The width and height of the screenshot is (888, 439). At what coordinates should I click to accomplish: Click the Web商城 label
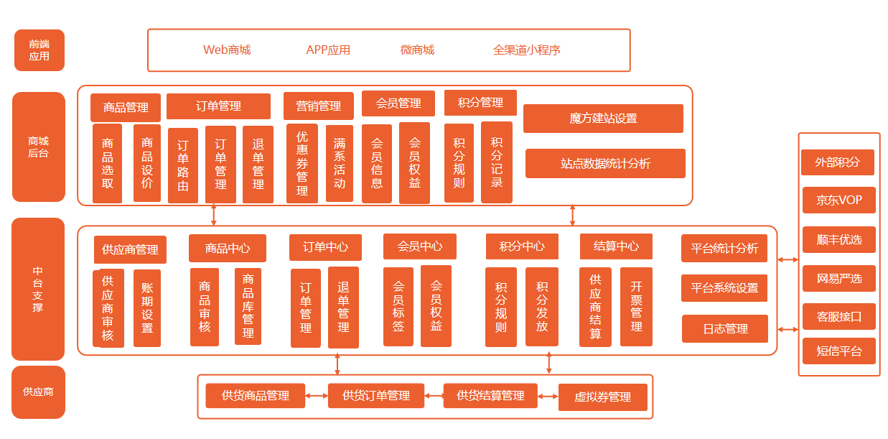(x=227, y=50)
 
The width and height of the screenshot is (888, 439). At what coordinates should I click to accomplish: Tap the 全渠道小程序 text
(x=526, y=50)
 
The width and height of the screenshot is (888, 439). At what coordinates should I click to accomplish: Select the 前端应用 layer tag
(x=39, y=50)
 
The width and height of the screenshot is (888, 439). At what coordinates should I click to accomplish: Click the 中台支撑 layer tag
(x=38, y=289)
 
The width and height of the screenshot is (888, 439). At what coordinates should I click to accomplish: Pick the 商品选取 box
(x=107, y=164)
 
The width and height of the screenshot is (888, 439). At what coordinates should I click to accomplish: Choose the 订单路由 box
(x=183, y=165)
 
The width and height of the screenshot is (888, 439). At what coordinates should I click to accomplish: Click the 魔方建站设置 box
(x=603, y=119)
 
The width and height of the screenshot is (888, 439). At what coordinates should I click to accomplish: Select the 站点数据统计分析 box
(x=605, y=164)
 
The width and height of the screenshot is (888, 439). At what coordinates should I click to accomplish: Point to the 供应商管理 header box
(x=130, y=250)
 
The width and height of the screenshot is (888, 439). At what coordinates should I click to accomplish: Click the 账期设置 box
(x=147, y=308)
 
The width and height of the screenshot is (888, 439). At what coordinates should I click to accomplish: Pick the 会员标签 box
(x=398, y=307)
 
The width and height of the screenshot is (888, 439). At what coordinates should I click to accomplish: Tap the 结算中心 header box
(x=616, y=246)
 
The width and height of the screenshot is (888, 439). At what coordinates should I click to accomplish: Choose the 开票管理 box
(x=636, y=307)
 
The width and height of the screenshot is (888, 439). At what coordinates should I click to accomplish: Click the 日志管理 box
(x=725, y=329)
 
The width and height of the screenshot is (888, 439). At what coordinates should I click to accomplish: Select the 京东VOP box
(x=838, y=200)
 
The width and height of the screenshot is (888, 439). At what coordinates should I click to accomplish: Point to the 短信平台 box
(x=838, y=351)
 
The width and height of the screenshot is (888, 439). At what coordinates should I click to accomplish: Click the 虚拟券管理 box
(x=603, y=397)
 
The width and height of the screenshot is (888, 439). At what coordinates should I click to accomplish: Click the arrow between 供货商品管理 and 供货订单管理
(x=317, y=395)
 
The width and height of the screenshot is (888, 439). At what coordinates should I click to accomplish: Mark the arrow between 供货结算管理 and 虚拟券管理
(x=548, y=396)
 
